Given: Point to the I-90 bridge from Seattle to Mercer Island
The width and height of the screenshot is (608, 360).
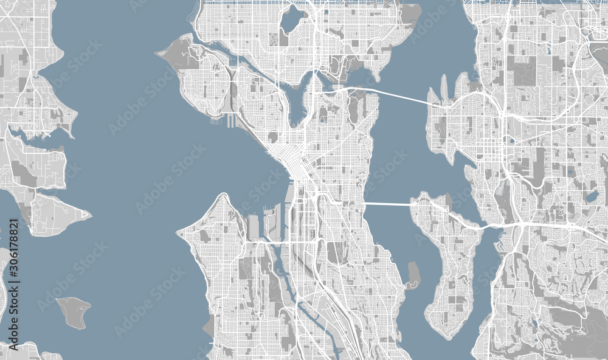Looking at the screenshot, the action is tap(388, 204).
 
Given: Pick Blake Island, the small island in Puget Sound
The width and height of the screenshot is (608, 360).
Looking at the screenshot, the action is tap(74, 311).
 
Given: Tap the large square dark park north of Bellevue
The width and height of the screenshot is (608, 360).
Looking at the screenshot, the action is tap(524, 71).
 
